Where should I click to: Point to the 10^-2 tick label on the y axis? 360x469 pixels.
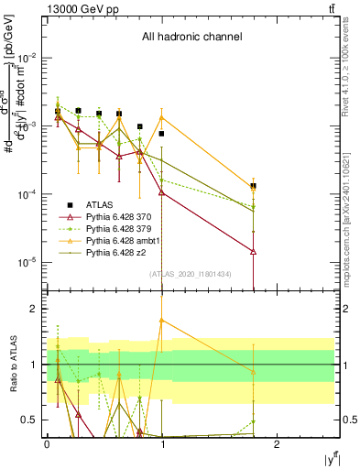tap(27, 58)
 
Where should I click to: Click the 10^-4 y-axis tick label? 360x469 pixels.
tap(27, 194)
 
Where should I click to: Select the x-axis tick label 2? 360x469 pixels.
tap(278, 443)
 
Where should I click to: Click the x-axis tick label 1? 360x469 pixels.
tap(162, 443)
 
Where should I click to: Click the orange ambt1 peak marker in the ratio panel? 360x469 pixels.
tap(162, 321)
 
